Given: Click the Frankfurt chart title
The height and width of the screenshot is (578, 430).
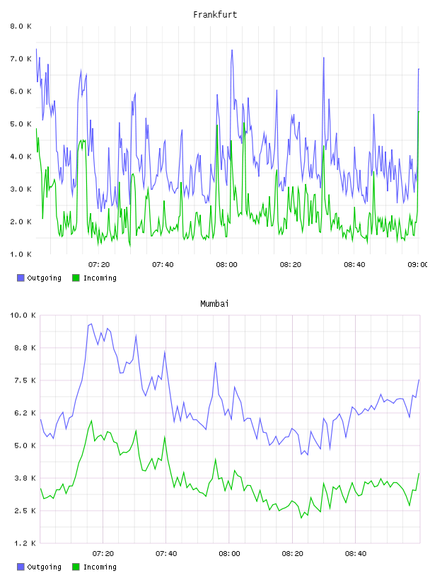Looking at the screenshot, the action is [x=215, y=15].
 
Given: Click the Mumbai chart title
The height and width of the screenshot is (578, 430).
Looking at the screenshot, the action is [x=214, y=304].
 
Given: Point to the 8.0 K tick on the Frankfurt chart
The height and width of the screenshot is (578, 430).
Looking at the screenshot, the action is [x=21, y=26].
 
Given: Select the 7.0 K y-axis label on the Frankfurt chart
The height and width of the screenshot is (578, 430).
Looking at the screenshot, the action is [x=21, y=59].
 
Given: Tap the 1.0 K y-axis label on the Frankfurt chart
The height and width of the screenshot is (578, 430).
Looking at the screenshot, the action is [x=21, y=254].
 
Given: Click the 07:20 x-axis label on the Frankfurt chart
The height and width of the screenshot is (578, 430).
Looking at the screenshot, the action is [x=99, y=265].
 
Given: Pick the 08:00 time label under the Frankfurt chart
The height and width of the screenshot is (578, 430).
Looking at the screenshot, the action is [x=227, y=265].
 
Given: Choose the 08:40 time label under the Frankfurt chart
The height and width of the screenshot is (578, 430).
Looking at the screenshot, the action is [x=354, y=265].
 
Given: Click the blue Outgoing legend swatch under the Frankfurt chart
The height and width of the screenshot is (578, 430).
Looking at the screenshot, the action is [x=21, y=278].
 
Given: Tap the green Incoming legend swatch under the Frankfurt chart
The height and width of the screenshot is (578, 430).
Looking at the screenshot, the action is [x=76, y=278].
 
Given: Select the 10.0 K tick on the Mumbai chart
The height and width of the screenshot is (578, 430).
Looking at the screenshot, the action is [x=23, y=315].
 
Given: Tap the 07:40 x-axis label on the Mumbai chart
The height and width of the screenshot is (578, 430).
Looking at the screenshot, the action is [x=166, y=554].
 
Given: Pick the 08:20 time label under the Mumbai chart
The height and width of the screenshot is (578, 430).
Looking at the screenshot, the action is [x=293, y=554].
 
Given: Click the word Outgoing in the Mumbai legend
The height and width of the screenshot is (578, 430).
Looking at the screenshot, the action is [x=44, y=567].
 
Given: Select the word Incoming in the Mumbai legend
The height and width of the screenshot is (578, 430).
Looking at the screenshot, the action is [x=100, y=567].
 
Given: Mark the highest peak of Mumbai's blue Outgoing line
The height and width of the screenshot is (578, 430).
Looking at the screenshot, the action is [x=91, y=324].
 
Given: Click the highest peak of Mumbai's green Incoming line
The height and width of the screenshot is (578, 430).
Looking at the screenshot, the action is [x=91, y=421].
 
